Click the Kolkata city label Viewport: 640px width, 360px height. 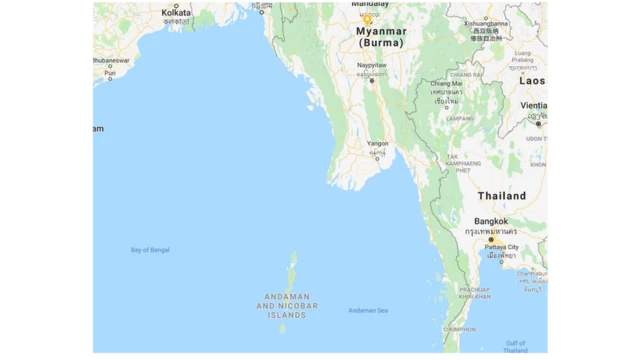(176, 11)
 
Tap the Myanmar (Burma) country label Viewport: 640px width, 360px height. (381, 37)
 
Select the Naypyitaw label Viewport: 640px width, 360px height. (371, 64)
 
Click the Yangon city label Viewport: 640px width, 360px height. (377, 143)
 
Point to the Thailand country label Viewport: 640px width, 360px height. (502, 196)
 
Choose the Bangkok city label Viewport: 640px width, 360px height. (491, 221)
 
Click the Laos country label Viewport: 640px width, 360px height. (533, 80)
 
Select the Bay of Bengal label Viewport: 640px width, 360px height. (150, 249)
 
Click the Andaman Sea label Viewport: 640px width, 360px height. (368, 310)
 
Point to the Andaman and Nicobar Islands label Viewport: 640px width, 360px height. (287, 305)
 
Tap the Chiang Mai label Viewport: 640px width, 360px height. (446, 83)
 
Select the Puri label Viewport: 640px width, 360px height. (110, 73)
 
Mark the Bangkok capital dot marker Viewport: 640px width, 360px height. (490, 240)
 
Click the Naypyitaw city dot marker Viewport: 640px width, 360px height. (371, 80)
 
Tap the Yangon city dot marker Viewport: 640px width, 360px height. (378, 158)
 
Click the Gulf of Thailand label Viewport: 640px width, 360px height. (516, 346)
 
